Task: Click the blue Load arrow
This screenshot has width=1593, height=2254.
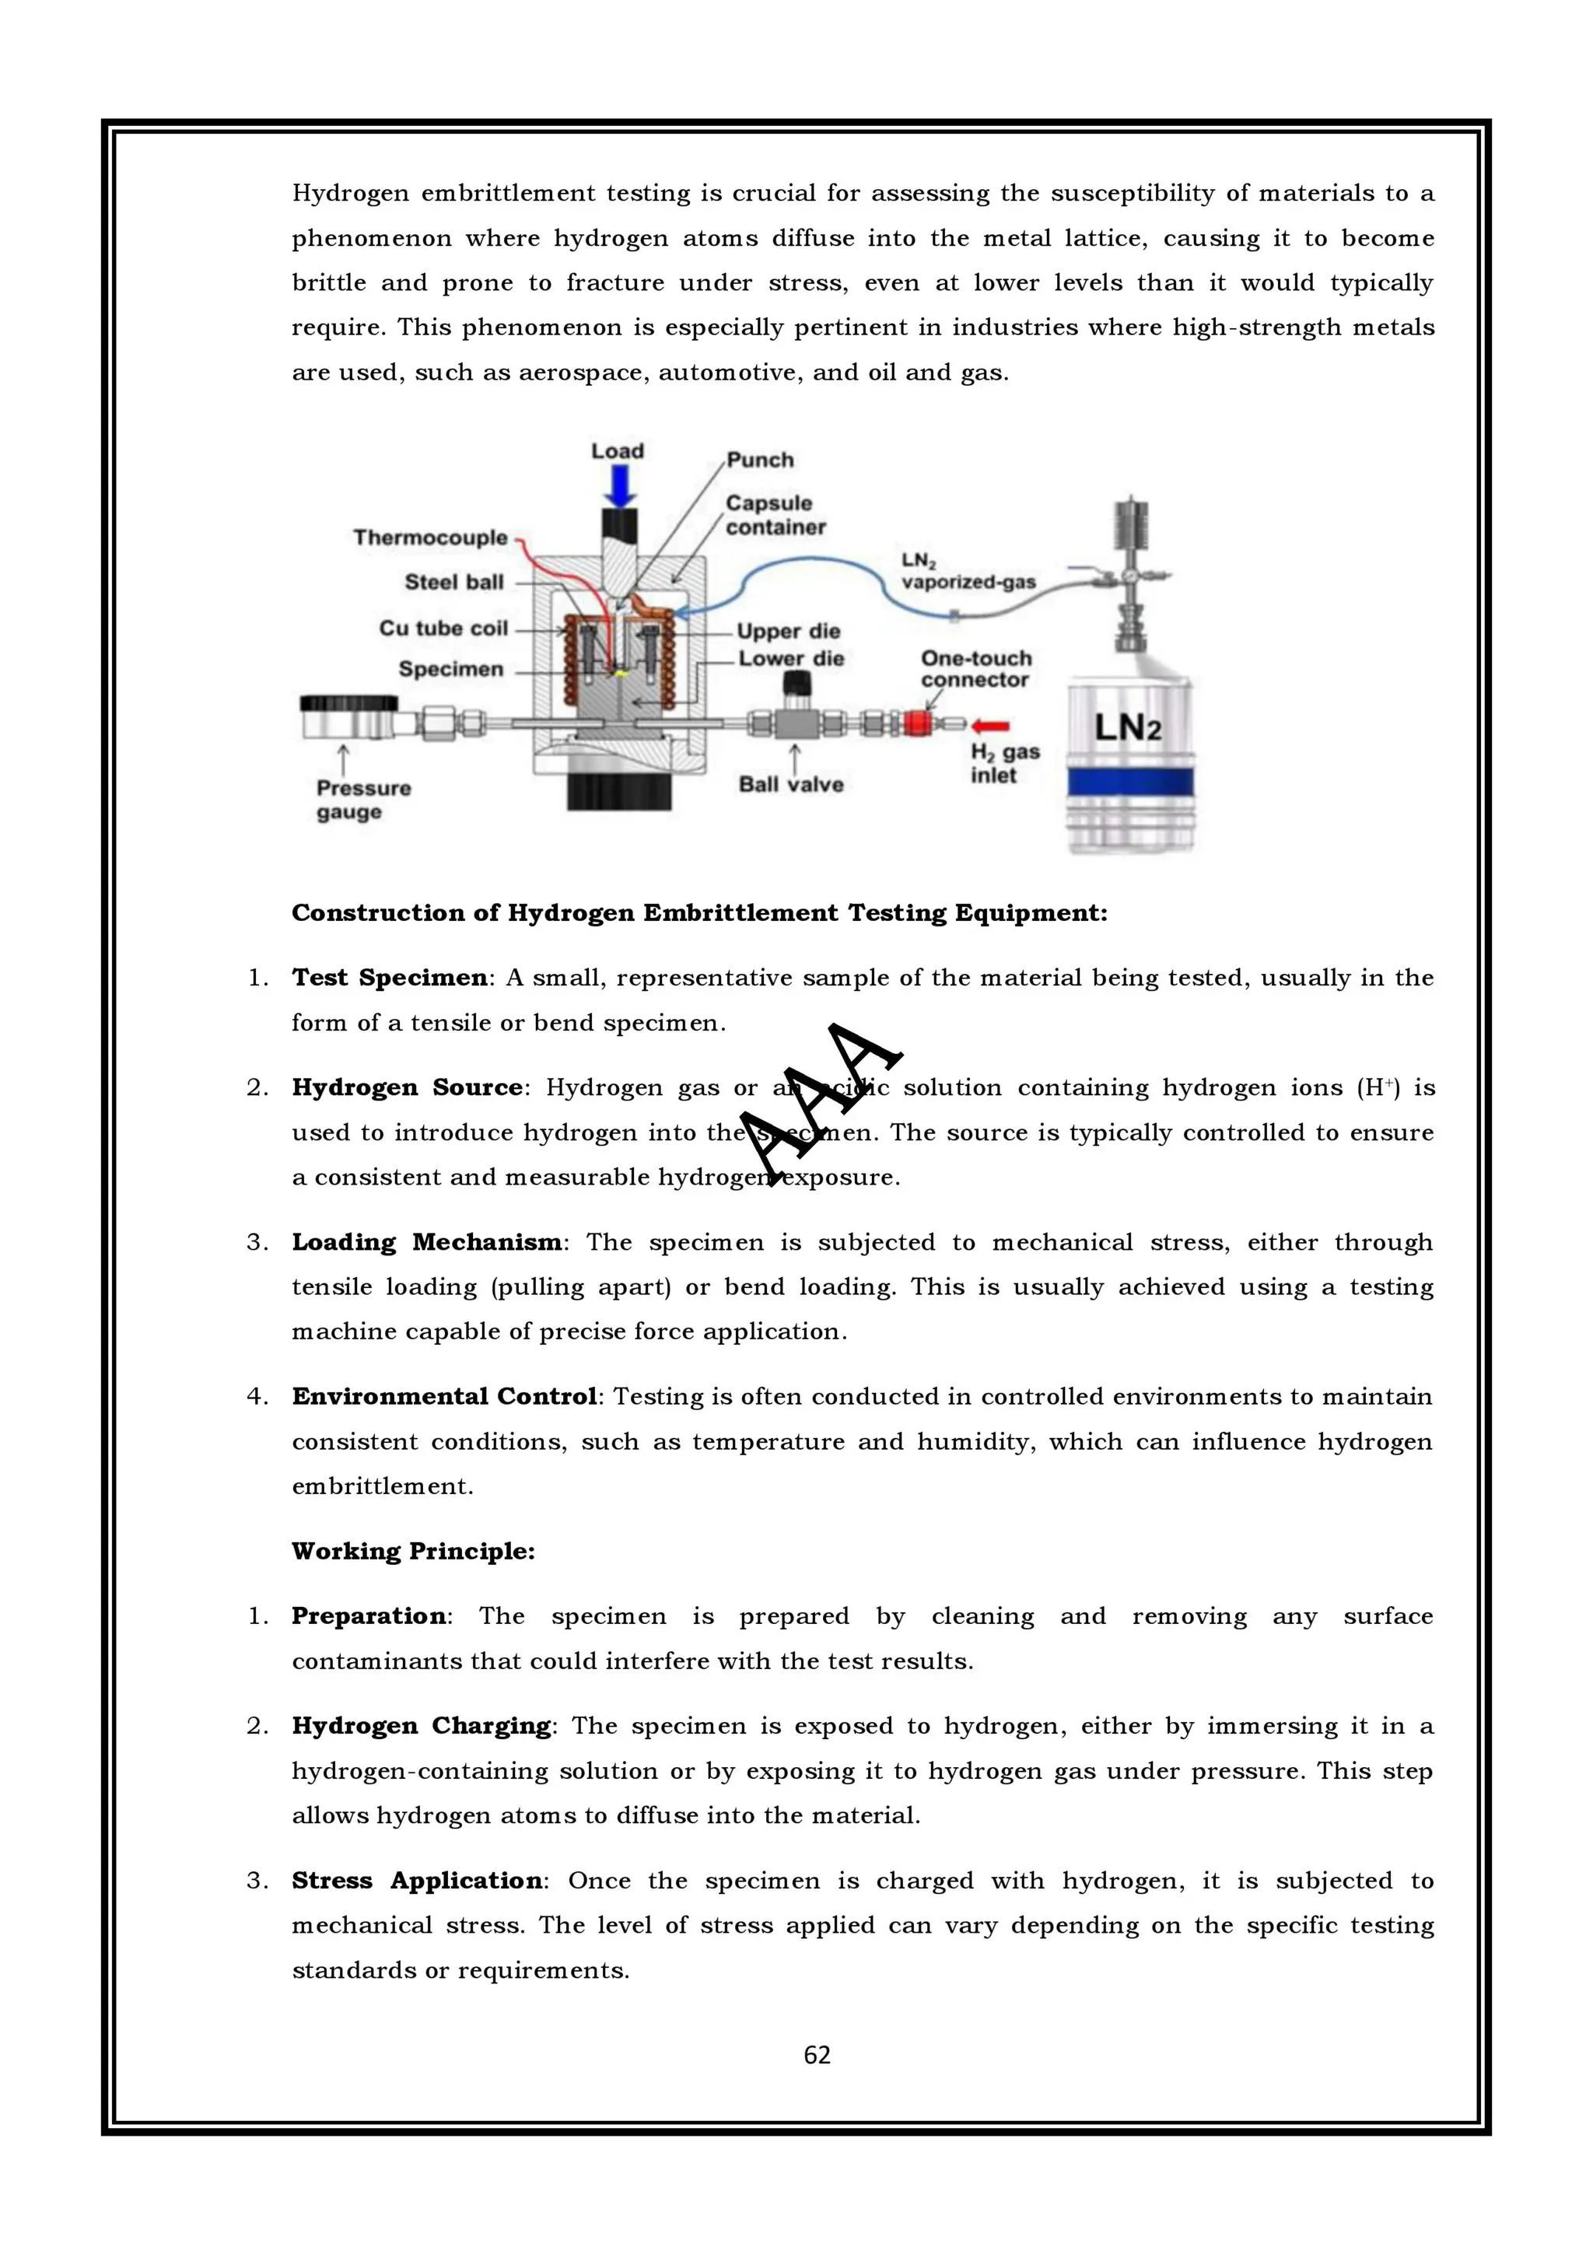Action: (618, 486)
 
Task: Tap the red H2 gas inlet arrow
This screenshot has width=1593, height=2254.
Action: (990, 726)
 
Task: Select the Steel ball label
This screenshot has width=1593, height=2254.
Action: (453, 582)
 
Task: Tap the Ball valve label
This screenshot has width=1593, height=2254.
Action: (791, 784)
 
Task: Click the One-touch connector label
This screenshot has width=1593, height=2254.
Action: (975, 669)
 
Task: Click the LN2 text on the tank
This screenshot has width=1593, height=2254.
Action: (1128, 727)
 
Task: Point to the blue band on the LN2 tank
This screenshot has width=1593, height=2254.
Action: (1129, 782)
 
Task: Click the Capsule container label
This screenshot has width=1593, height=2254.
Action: (775, 514)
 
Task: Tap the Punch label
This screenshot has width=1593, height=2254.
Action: (760, 460)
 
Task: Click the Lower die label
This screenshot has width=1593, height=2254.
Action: (791, 659)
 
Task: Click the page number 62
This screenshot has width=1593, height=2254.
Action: (817, 2055)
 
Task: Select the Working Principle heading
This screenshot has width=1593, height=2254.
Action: (413, 1551)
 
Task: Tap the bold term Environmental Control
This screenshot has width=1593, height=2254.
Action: (443, 1396)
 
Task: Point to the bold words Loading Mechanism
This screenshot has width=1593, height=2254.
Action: (427, 1242)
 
